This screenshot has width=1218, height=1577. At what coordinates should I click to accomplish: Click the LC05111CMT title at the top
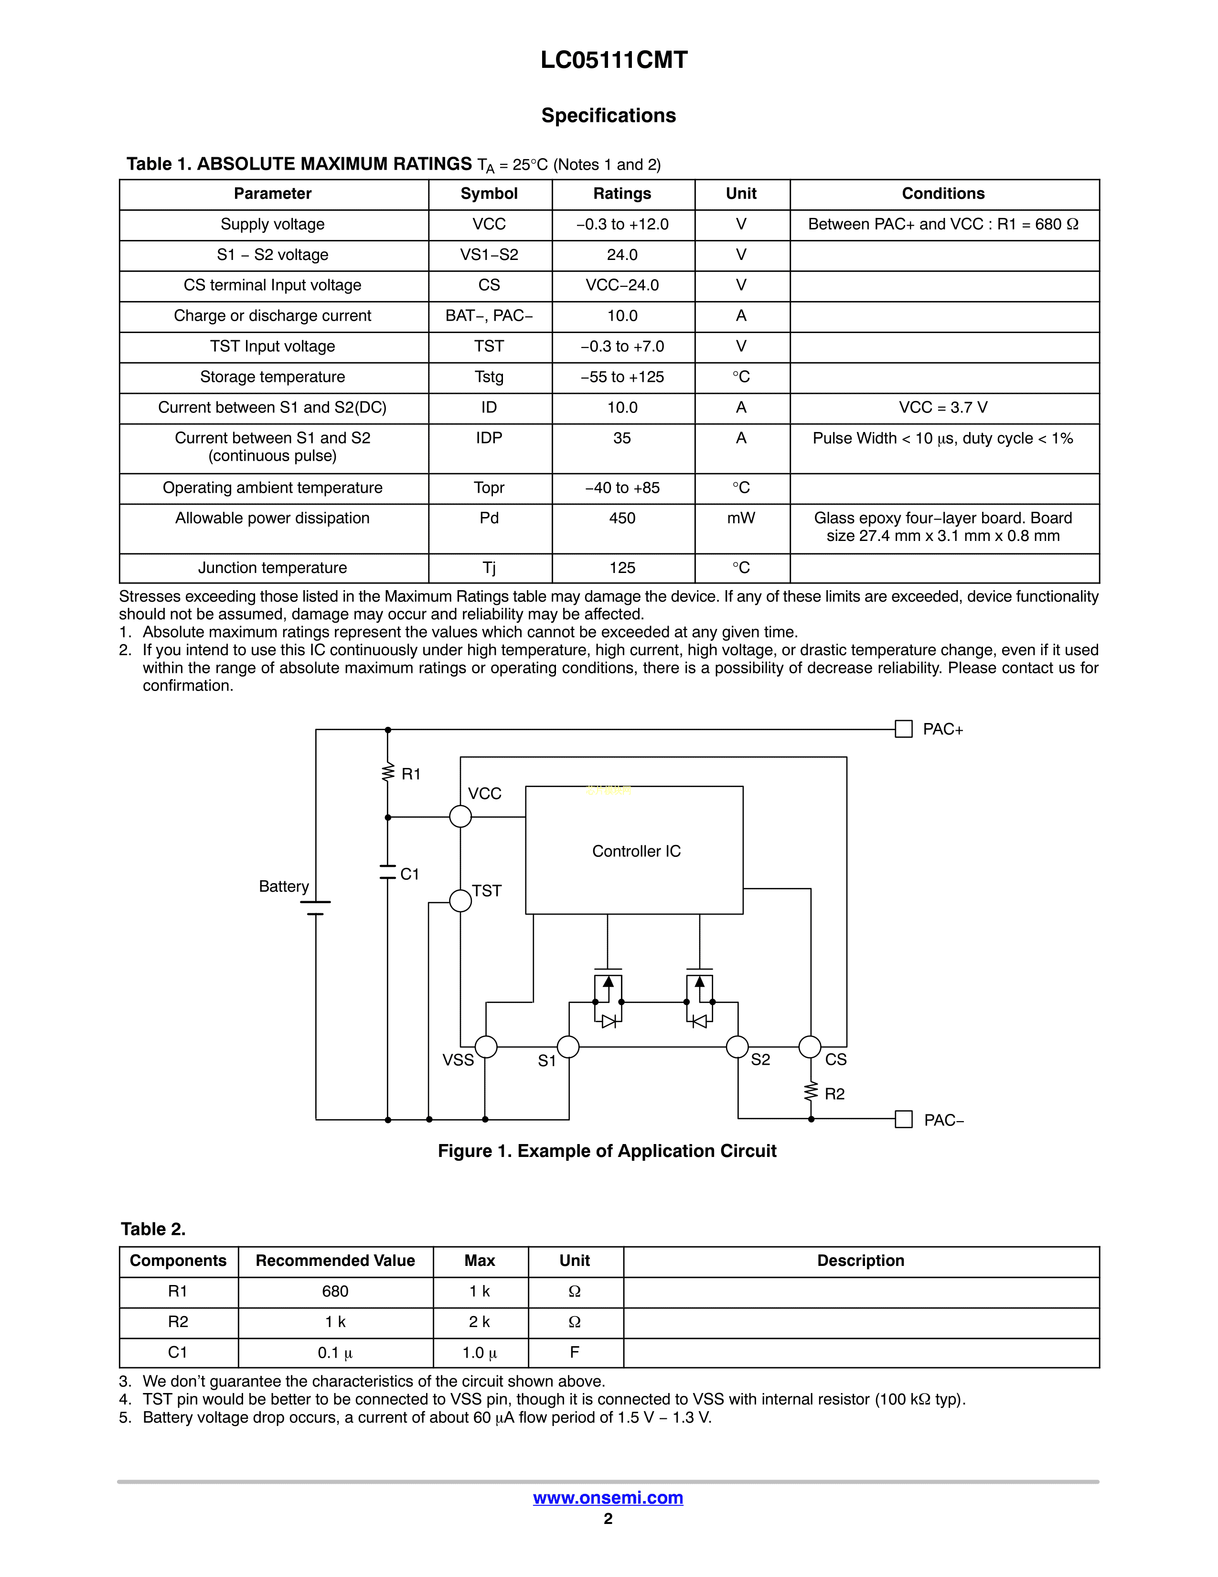(x=614, y=60)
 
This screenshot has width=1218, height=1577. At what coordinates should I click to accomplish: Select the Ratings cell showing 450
(x=622, y=518)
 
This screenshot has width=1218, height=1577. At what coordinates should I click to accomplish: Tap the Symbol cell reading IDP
(x=489, y=438)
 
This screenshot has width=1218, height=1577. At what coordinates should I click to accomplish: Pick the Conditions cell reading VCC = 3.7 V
(x=943, y=408)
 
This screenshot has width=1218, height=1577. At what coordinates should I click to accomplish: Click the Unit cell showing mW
(x=741, y=518)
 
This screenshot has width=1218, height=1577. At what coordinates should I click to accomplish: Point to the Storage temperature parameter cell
(x=272, y=377)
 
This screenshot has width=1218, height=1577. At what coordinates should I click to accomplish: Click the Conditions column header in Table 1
(x=943, y=194)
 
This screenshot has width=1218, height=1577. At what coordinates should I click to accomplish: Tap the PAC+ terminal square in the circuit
(x=903, y=729)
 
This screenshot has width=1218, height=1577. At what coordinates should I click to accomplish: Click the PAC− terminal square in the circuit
(x=903, y=1119)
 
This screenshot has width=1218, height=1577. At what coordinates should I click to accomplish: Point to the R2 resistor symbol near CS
(x=811, y=1092)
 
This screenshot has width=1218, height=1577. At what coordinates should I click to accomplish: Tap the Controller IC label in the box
(x=636, y=851)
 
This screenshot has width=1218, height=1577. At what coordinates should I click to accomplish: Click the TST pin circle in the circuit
(x=460, y=900)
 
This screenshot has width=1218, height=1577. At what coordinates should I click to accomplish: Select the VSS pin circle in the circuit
(x=486, y=1046)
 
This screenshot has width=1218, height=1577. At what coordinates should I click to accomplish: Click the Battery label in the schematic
(x=284, y=886)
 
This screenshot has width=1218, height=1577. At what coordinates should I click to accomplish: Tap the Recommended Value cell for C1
(x=335, y=1352)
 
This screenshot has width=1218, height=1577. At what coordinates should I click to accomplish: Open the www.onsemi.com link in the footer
(x=608, y=1498)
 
